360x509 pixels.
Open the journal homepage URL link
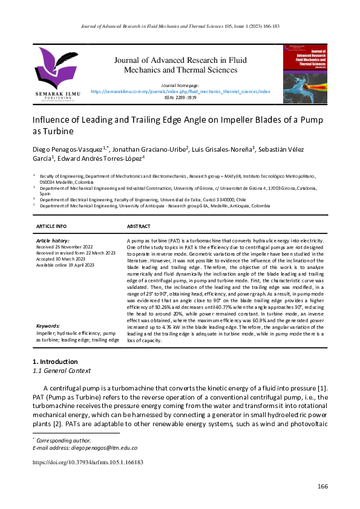click(x=180, y=92)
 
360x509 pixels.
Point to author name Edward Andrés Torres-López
click(x=100, y=158)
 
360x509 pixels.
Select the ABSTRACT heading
click(x=139, y=225)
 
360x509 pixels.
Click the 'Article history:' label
click(x=53, y=241)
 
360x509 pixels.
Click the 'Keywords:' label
click(x=48, y=326)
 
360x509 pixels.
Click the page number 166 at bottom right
click(x=322, y=487)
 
